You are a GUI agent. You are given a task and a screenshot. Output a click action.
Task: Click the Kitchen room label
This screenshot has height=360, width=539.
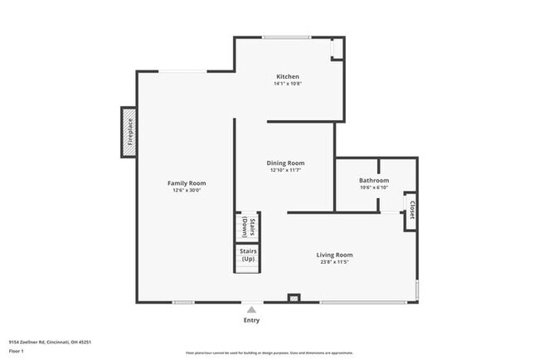pyautogui.click(x=288, y=76)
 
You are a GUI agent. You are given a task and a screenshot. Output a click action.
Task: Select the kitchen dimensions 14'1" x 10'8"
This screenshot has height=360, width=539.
pyautogui.click(x=288, y=84)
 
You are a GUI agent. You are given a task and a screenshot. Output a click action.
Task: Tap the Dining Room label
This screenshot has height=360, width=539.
pyautogui.click(x=285, y=163)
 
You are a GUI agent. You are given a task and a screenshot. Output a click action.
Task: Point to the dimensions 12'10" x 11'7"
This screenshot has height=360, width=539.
pyautogui.click(x=285, y=171)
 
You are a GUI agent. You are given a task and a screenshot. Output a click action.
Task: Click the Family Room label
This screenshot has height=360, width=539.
pyautogui.click(x=187, y=183)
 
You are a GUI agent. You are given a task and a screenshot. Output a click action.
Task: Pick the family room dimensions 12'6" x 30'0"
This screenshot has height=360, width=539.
pyautogui.click(x=187, y=191)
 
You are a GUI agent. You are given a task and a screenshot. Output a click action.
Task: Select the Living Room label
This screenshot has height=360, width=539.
pyautogui.click(x=334, y=255)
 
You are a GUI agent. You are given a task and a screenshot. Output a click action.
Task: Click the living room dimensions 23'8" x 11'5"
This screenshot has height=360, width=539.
pyautogui.click(x=334, y=262)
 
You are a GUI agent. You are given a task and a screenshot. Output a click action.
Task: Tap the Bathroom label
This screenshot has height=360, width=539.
pyautogui.click(x=374, y=180)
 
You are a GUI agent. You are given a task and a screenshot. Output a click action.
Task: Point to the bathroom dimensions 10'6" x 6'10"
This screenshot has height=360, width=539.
pyautogui.click(x=374, y=187)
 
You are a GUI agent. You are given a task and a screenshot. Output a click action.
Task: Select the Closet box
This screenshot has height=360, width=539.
pyautogui.click(x=410, y=211)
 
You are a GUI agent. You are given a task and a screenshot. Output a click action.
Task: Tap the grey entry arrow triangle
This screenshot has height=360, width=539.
pyautogui.click(x=251, y=309)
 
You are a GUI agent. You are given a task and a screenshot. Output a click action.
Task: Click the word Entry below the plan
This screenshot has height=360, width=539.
pyautogui.click(x=251, y=320)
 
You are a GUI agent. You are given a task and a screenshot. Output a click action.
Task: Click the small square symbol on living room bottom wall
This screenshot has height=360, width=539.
pyautogui.click(x=293, y=297)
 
